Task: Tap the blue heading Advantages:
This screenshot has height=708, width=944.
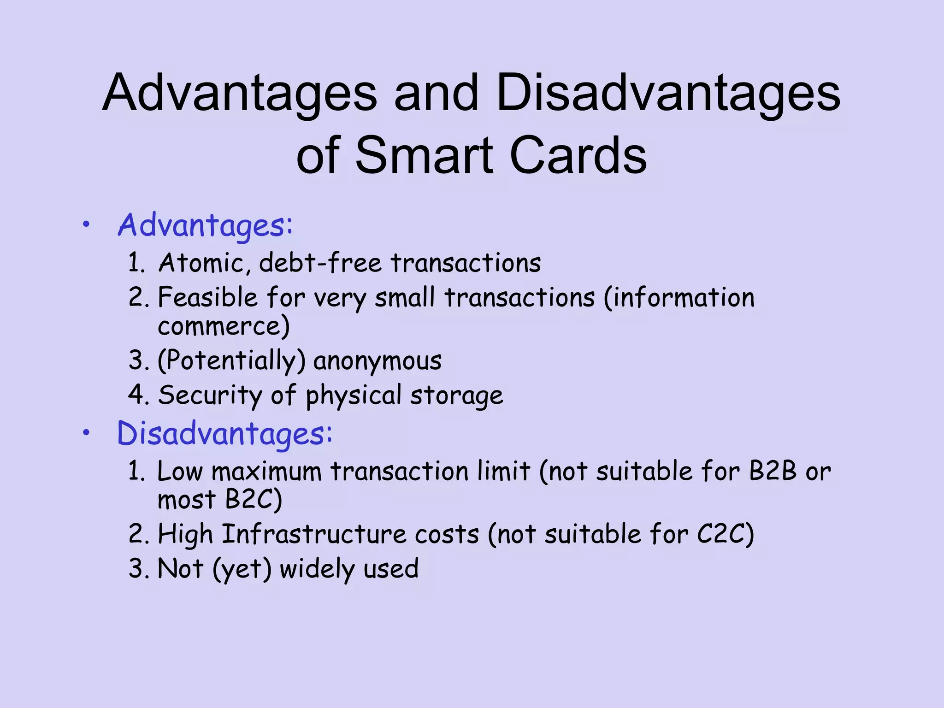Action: (205, 226)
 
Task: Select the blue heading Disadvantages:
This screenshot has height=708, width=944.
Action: (224, 434)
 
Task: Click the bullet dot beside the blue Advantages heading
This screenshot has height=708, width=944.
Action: (86, 225)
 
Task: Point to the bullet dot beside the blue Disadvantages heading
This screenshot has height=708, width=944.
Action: (86, 433)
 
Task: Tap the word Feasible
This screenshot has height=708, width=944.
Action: (207, 297)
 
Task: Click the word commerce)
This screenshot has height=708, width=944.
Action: (224, 326)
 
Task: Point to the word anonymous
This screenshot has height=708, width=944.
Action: (378, 360)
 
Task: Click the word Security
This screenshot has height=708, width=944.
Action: (210, 395)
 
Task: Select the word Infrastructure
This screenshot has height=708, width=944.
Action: (314, 535)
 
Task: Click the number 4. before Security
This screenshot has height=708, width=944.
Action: (139, 395)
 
